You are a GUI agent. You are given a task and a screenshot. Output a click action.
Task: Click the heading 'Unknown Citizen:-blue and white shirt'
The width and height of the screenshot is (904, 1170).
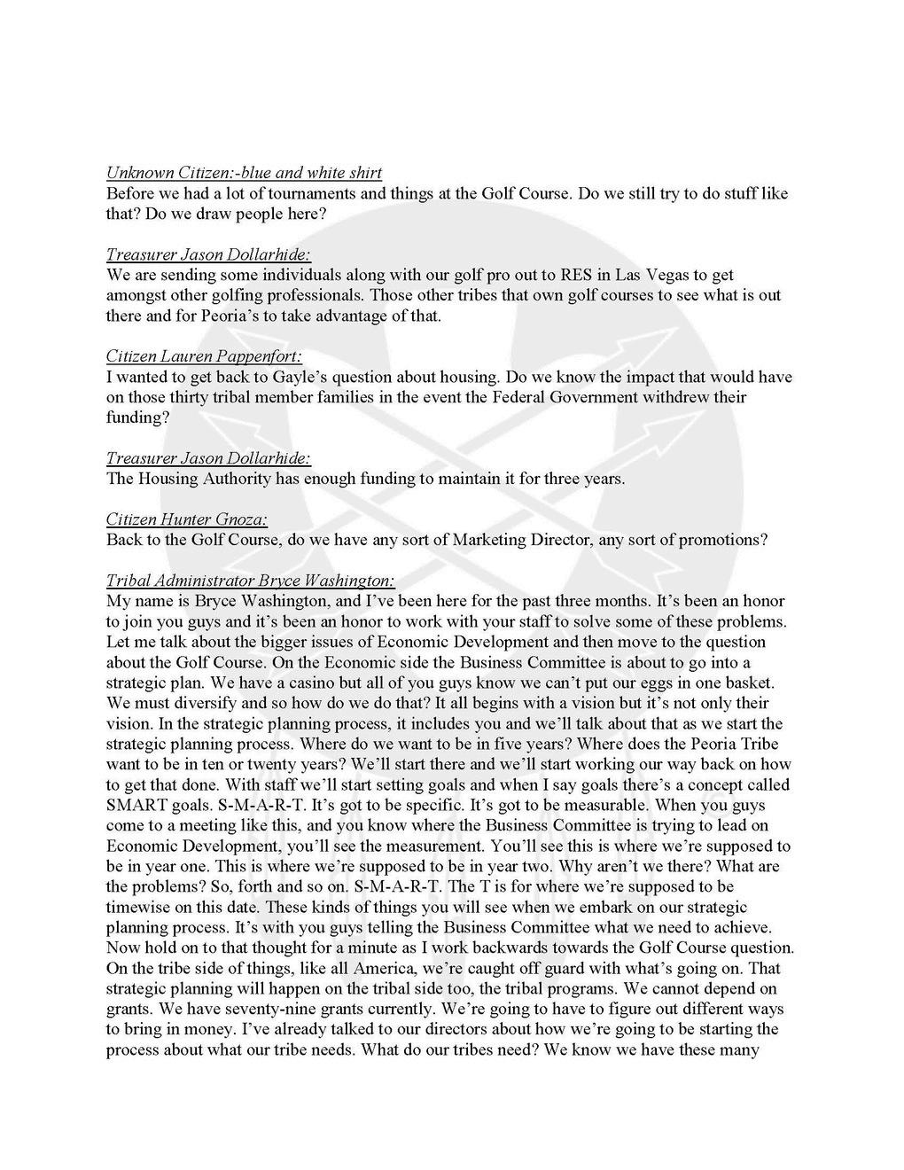click(244, 173)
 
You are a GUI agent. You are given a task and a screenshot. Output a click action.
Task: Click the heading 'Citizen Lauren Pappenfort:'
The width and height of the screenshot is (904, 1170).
click(204, 356)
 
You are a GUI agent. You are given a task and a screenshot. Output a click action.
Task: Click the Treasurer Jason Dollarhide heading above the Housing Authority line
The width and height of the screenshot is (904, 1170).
click(208, 458)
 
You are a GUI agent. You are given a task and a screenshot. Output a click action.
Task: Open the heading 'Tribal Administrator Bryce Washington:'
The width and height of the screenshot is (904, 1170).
click(250, 581)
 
